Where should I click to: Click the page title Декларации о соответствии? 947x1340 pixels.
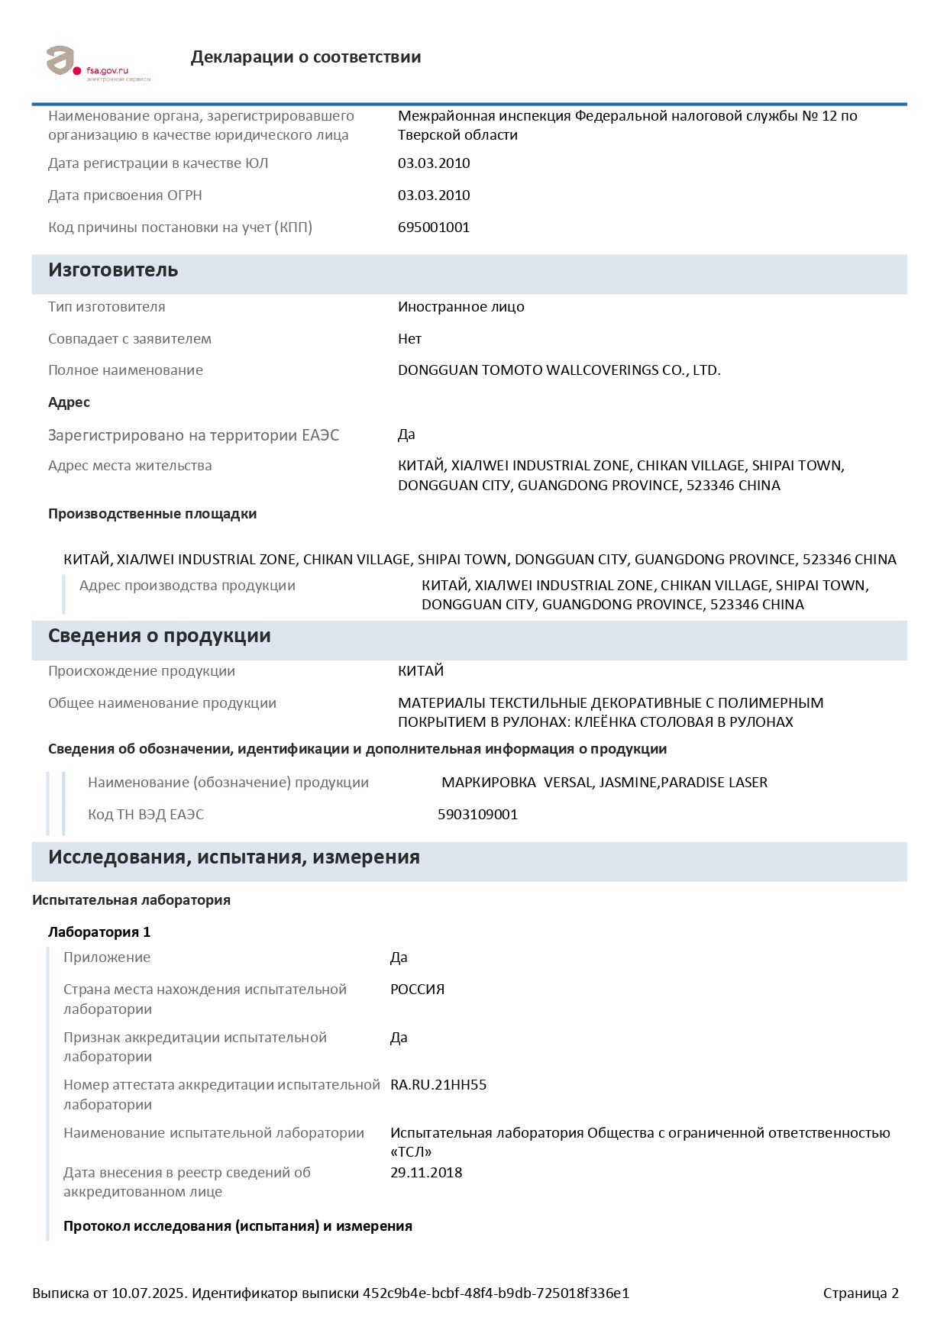tap(305, 57)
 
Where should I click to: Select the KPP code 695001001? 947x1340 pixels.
tap(433, 228)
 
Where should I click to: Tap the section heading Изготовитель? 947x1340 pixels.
tap(113, 270)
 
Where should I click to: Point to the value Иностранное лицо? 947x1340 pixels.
tap(461, 307)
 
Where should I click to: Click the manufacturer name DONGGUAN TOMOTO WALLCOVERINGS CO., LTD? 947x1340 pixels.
tap(559, 370)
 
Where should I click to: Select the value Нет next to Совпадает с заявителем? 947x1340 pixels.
tap(409, 339)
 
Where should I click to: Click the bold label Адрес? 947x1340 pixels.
tap(69, 402)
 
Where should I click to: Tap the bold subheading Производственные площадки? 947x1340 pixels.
tap(152, 514)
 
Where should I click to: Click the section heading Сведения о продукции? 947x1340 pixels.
tap(159, 636)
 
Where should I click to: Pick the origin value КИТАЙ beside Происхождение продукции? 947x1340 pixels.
tap(420, 671)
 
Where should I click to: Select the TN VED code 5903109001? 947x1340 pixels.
tap(477, 815)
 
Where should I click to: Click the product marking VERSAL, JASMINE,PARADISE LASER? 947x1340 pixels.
tap(604, 783)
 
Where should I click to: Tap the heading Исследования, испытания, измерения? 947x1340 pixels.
tap(234, 857)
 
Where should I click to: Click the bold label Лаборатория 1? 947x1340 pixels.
tap(99, 932)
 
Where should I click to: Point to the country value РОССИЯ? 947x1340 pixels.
tap(417, 990)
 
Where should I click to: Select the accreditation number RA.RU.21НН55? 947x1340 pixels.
tap(438, 1085)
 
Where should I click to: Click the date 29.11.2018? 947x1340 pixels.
tap(426, 1173)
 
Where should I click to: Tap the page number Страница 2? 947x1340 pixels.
tap(861, 1293)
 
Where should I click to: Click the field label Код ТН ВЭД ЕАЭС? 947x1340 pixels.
tap(146, 815)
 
